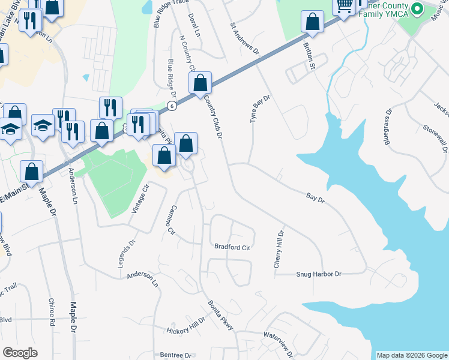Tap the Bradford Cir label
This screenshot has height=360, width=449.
click(x=232, y=247)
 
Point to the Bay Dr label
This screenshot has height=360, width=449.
click(x=315, y=197)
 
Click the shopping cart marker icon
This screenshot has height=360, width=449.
click(x=344, y=7)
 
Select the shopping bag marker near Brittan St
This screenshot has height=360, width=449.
click(x=312, y=23)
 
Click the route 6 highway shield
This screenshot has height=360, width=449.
click(x=172, y=106)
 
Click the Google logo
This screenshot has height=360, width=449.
click(x=20, y=352)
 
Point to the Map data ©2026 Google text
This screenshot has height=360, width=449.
click(x=412, y=355)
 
